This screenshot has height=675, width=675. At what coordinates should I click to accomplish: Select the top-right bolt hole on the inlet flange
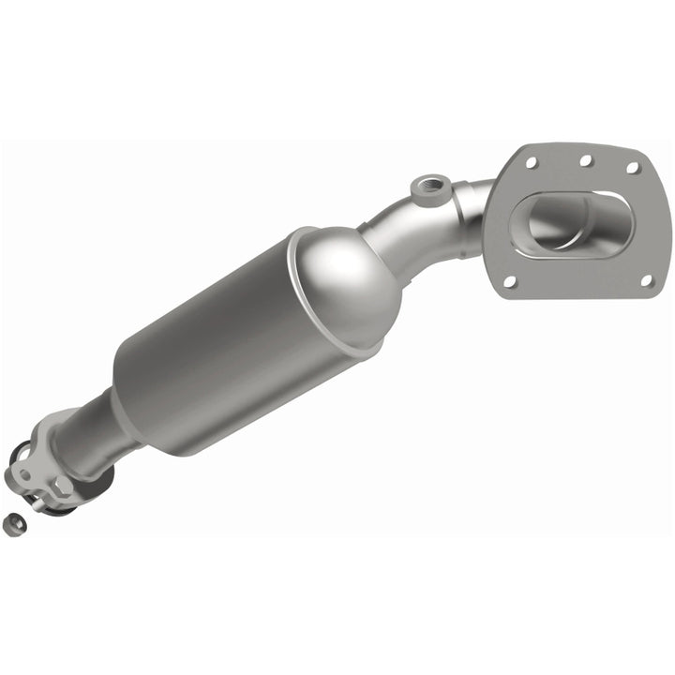pyautogui.click(x=633, y=170)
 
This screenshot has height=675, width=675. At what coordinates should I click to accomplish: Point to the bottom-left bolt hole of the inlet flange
pyautogui.click(x=511, y=280)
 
